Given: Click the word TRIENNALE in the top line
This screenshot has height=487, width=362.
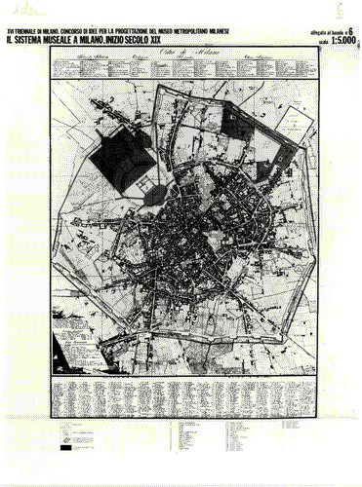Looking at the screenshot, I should click(x=34, y=30).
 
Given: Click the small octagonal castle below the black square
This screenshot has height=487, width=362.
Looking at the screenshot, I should click(x=154, y=193).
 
